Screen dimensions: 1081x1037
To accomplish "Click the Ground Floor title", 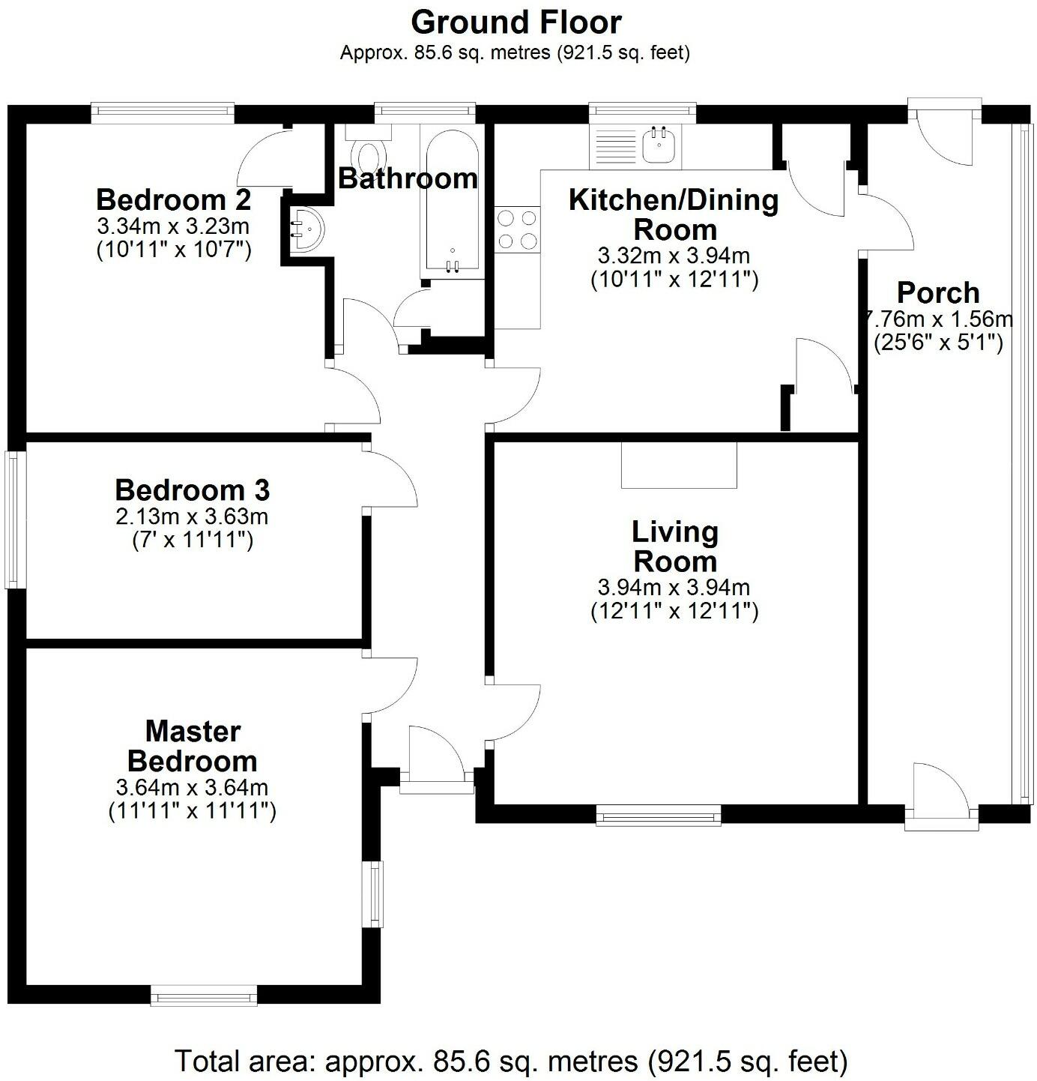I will [x=516, y=22].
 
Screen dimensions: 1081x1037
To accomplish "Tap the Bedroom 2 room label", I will [x=173, y=200].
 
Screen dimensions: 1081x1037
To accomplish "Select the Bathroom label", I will [x=408, y=178].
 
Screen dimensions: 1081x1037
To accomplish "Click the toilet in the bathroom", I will [x=368, y=154].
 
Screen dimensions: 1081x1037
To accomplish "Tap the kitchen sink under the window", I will [x=659, y=144].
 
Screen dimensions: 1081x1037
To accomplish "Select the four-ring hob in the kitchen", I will [x=517, y=229].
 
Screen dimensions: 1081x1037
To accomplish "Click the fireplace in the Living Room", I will [x=679, y=465].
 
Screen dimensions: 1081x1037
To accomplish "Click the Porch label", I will [x=938, y=292].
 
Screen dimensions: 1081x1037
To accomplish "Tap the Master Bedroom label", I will [x=193, y=746].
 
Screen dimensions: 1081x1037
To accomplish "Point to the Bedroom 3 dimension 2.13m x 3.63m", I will [x=192, y=517].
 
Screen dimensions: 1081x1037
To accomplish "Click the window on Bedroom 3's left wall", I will [x=13, y=519].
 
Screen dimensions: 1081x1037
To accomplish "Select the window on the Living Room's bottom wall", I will [x=658, y=815].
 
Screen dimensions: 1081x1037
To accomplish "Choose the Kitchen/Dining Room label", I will [x=674, y=214].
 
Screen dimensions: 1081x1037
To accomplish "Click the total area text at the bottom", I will [x=511, y=1061].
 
